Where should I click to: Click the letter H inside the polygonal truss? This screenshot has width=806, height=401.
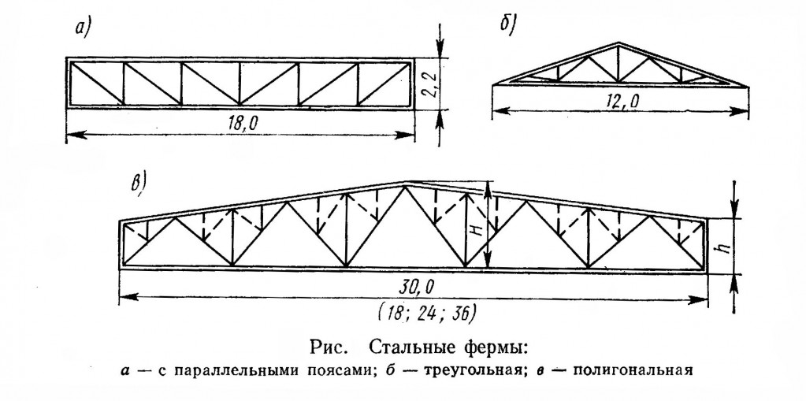click(x=477, y=229)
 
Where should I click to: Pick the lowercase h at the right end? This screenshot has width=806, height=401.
click(x=724, y=247)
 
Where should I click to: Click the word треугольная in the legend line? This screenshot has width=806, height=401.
click(x=468, y=371)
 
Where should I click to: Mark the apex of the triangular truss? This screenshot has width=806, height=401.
click(x=618, y=43)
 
